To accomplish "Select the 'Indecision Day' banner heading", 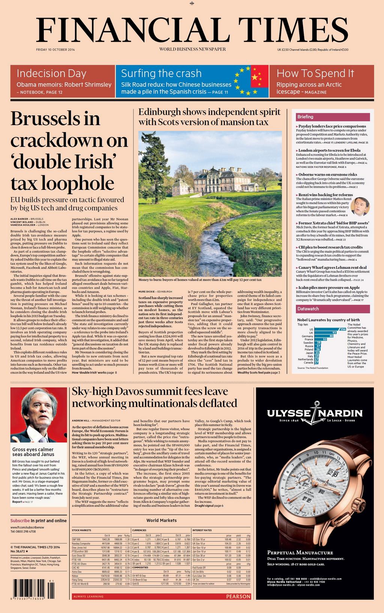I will (x=46, y=73).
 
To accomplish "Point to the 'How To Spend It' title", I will (x=315, y=73).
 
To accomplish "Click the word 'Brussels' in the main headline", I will (x=55, y=119).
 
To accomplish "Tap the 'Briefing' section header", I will (x=305, y=117).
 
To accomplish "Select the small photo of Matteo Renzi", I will (x=360, y=206).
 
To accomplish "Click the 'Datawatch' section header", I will (x=308, y=309).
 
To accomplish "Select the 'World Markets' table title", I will (x=161, y=520).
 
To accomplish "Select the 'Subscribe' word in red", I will (x=20, y=521).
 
